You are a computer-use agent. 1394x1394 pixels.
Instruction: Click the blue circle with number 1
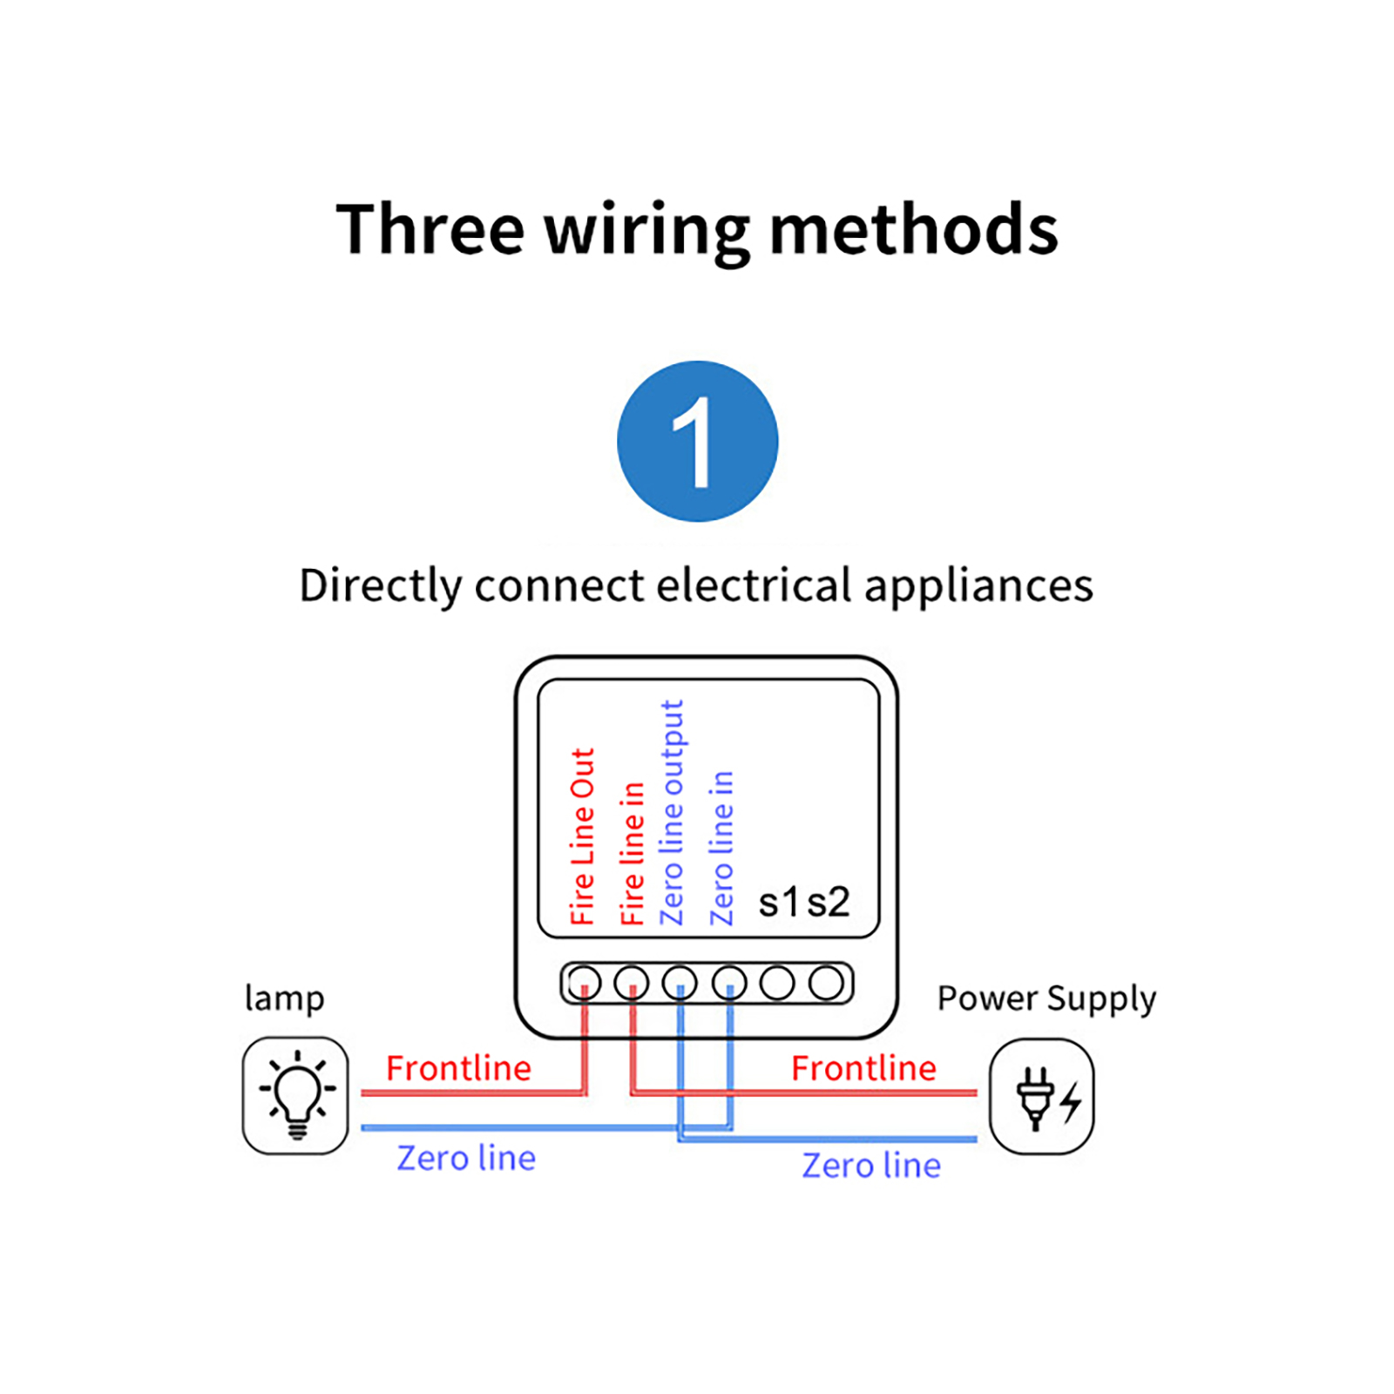[x=697, y=441]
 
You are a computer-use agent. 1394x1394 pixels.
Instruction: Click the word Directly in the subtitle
[x=379, y=585]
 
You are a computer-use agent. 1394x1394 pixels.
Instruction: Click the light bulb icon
[x=296, y=1095]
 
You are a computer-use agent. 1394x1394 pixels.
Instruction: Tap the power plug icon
[x=1042, y=1096]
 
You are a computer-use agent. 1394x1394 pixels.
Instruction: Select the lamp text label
[x=284, y=998]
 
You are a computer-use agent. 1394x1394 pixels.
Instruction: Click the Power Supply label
[x=1046, y=998]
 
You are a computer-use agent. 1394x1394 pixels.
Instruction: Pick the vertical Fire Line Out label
[x=582, y=836]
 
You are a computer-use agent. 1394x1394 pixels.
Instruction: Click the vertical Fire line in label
[x=632, y=853]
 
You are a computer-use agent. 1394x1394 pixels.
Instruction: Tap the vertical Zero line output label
[x=672, y=812]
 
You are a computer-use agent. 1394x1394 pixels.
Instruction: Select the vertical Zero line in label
[x=721, y=848]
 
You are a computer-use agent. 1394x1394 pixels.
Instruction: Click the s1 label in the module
[x=778, y=903]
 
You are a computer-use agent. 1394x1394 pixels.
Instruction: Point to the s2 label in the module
[x=828, y=903]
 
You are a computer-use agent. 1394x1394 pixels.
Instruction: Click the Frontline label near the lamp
[x=458, y=1068]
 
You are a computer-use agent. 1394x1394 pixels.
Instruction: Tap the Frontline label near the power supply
[x=863, y=1068]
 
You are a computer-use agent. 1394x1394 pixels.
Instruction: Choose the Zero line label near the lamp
[x=466, y=1158]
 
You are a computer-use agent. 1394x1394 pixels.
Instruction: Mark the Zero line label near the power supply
[x=871, y=1166]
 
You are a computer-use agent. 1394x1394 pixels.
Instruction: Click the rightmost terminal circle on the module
[x=826, y=984]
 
